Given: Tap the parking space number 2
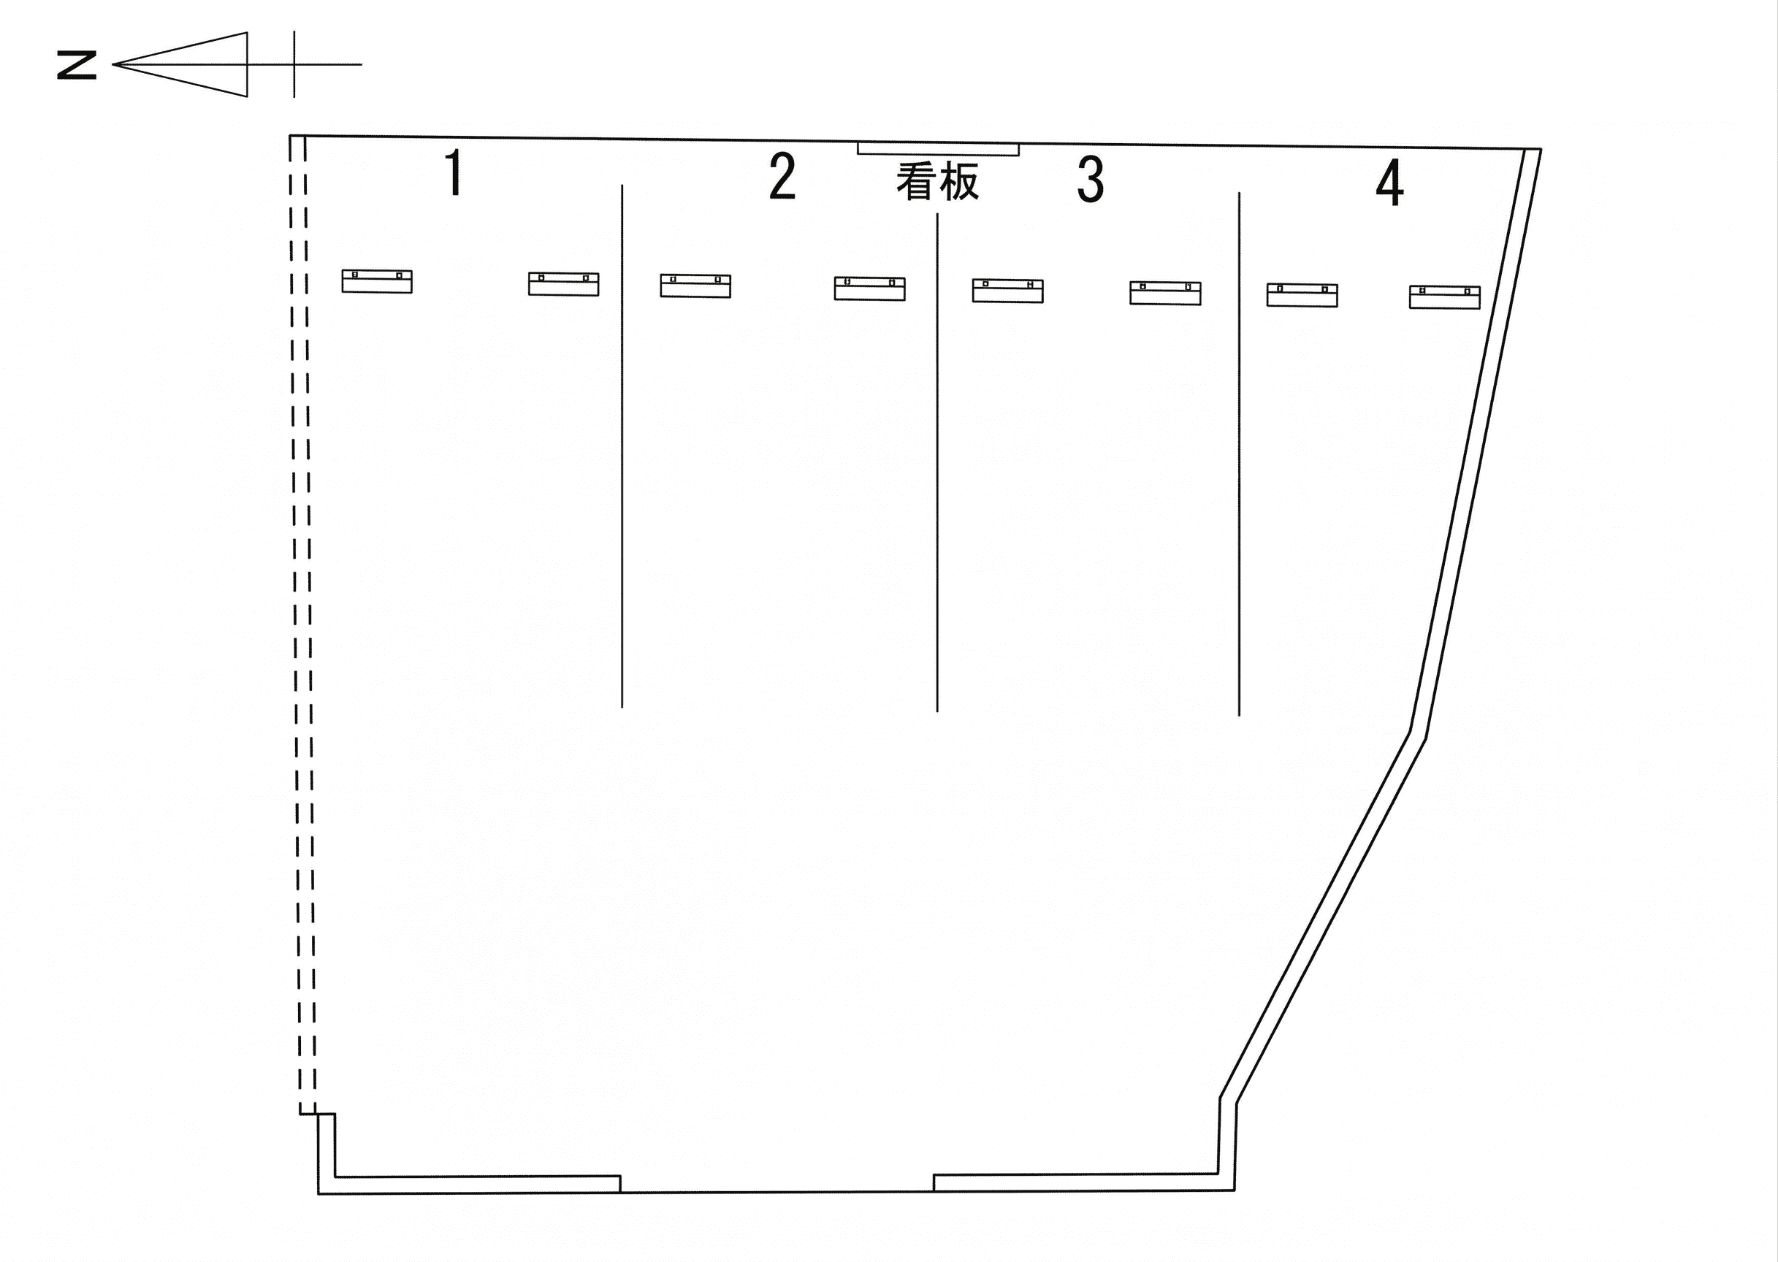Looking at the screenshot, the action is point(782,177).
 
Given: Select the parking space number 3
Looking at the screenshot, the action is point(1091,180).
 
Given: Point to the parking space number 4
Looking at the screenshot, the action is point(1390,183).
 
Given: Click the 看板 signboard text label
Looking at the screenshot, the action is point(937,182).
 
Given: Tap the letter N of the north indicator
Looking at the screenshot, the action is point(77,65).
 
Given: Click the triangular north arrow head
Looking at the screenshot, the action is point(180,64).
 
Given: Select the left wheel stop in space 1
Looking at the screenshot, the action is point(377,281).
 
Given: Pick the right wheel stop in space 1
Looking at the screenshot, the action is point(563,283).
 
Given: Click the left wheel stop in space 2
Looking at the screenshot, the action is point(695,286).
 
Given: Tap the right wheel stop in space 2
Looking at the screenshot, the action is point(869,288).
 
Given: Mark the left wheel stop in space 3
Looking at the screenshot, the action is point(1008,291).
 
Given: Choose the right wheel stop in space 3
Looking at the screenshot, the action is point(1165,293).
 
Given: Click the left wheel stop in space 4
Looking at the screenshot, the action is point(1302,295).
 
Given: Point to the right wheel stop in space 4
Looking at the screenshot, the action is point(1445,298).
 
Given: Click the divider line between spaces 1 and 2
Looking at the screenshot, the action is point(622,446).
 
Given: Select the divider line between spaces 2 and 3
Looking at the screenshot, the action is point(937,462).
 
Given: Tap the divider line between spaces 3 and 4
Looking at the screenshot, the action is point(1239,454).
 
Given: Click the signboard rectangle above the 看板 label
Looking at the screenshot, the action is point(938,149).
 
